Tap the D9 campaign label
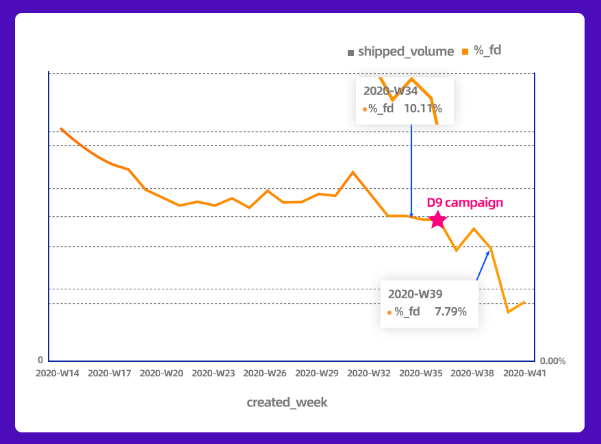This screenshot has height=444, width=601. point(465,203)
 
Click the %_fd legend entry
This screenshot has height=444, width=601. point(485,51)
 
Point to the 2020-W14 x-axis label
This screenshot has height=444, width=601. point(58,374)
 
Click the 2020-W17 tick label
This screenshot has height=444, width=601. point(110,374)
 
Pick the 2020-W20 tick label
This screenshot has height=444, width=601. point(162,374)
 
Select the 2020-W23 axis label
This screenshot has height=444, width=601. point(214,374)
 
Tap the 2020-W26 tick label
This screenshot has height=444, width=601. point(266,374)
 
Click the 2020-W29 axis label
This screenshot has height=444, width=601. point(318,374)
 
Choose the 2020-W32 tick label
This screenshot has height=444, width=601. point(370,374)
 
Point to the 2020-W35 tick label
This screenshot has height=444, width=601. point(421,374)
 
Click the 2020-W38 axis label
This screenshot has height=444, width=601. point(473,374)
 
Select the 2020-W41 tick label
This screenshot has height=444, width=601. point(524,374)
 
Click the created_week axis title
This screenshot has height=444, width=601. point(287,402)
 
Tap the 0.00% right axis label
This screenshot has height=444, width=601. point(553,361)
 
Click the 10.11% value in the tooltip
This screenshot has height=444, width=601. point(422,108)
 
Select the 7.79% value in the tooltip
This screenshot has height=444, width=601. point(450,312)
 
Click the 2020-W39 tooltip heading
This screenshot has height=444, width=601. point(415,294)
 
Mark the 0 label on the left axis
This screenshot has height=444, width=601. point(40,360)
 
